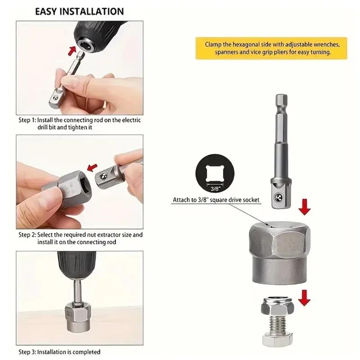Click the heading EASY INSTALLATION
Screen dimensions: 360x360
[79, 11]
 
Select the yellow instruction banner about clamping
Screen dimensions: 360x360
[271, 49]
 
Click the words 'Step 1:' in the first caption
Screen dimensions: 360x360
[27, 121]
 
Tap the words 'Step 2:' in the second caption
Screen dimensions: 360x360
[27, 234]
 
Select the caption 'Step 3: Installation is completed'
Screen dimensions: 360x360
[59, 351]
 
